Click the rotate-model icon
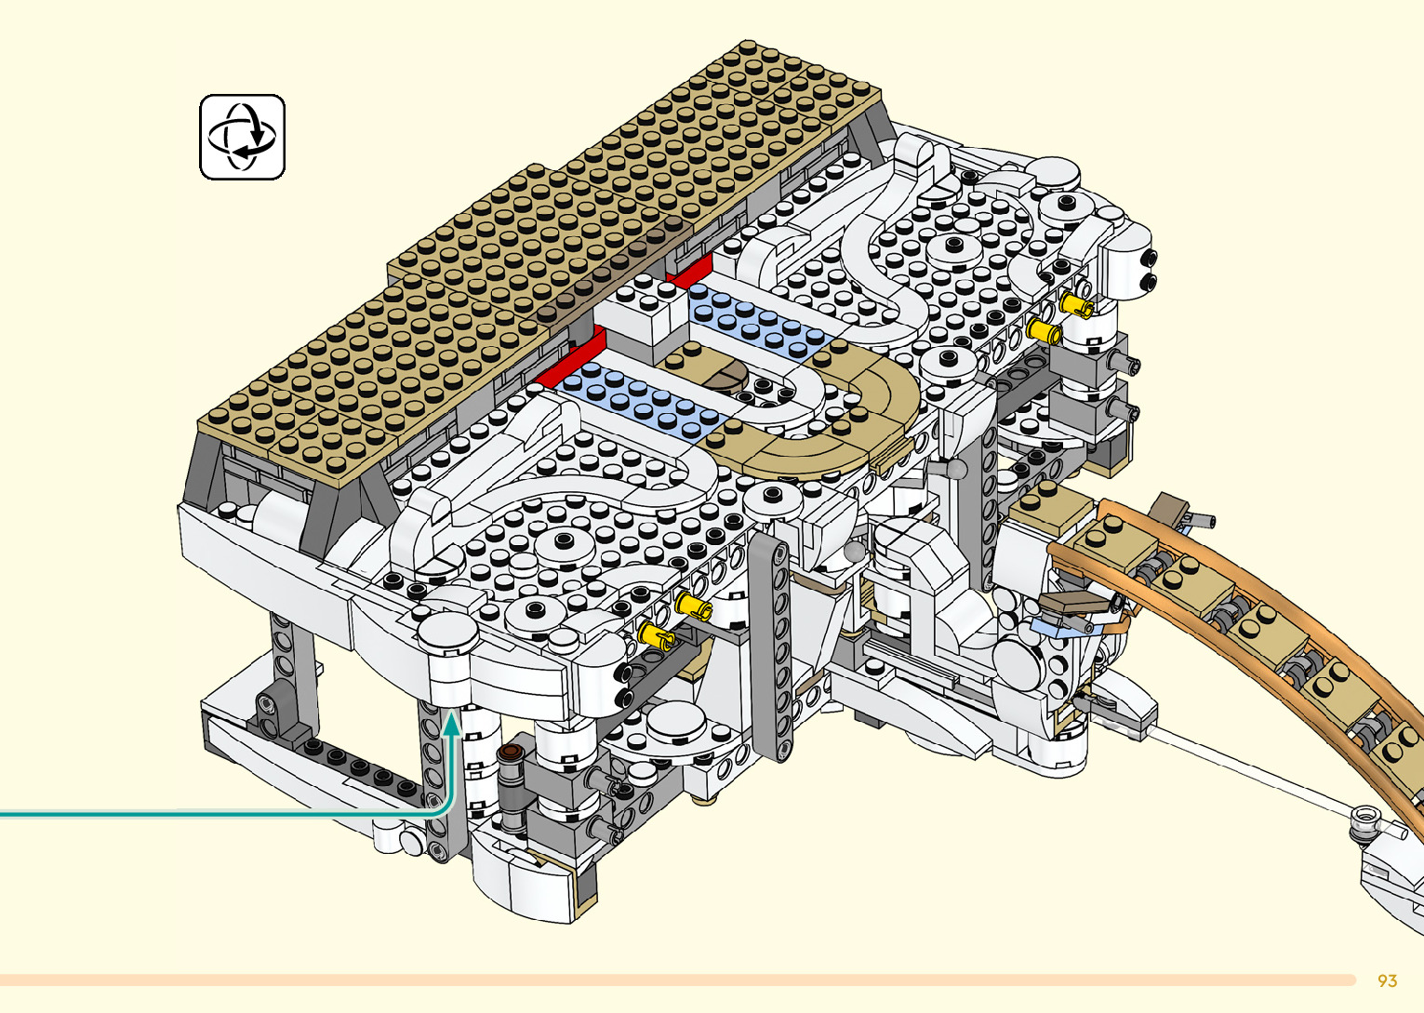pyautogui.click(x=242, y=137)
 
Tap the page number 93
pyautogui.click(x=1387, y=980)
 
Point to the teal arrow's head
pyautogui.click(x=451, y=725)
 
